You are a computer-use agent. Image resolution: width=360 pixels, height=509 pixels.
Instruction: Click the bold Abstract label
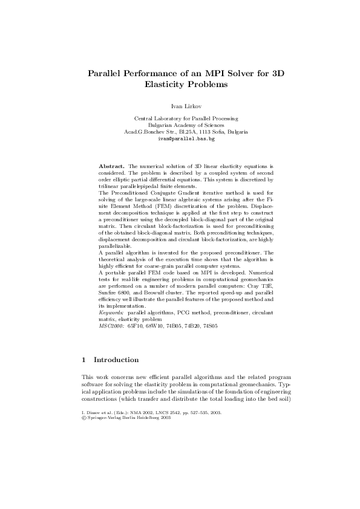pyautogui.click(x=112, y=164)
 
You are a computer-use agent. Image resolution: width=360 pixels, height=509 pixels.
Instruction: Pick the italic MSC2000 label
pyautogui.click(x=110, y=326)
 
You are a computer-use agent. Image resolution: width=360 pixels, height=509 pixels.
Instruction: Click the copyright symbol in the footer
pyautogui.click(x=83, y=417)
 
